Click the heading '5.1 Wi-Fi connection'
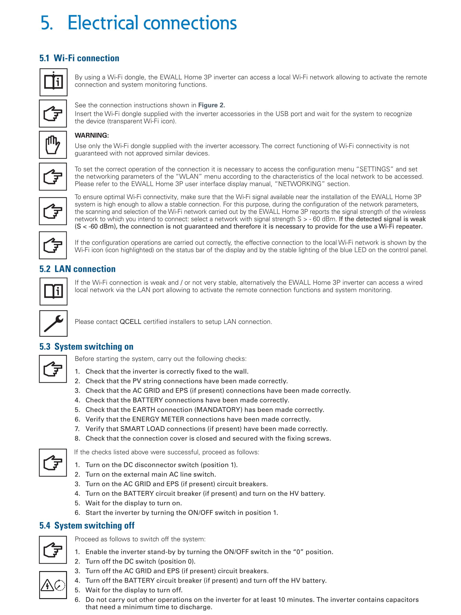[x=79, y=58]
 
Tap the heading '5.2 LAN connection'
[x=77, y=269]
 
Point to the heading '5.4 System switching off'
[x=87, y=525]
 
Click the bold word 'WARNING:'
[x=92, y=135]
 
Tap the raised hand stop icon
[x=53, y=145]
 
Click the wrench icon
[x=53, y=323]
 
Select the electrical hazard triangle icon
[x=48, y=585]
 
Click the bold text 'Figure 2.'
[x=211, y=105]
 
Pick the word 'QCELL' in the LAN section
[x=130, y=322]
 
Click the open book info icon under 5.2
[x=53, y=291]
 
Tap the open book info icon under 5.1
[x=53, y=82]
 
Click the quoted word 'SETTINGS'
[x=375, y=169]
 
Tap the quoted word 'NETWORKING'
[x=300, y=184]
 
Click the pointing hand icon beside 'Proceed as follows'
[x=53, y=550]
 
